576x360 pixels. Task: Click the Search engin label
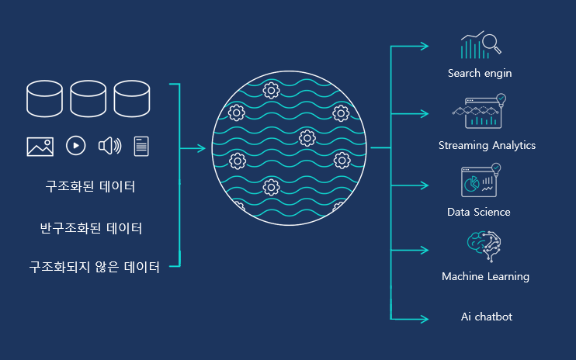(479, 74)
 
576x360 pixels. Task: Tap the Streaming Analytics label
(487, 146)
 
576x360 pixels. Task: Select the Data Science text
(479, 212)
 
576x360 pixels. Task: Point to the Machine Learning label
(485, 276)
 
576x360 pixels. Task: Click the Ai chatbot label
(486, 317)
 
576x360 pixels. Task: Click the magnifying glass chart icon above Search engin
(481, 46)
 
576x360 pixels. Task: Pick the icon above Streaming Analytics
(480, 112)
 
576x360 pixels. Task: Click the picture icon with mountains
(40, 146)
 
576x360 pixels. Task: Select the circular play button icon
(75, 145)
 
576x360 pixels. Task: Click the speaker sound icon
(109, 145)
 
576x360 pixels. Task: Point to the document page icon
(141, 145)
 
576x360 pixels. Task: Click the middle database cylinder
(88, 99)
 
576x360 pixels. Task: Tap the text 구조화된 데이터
(90, 187)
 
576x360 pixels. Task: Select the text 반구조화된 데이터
(90, 229)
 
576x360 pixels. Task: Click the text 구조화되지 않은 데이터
(94, 267)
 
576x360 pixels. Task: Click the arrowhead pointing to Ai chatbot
(425, 318)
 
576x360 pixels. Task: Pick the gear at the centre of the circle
(306, 139)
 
